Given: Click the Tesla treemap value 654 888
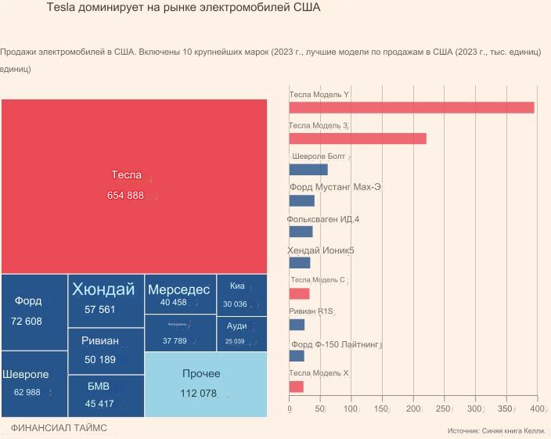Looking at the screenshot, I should (x=125, y=196).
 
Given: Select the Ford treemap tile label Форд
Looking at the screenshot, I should (x=28, y=300).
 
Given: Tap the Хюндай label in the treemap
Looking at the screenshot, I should (x=103, y=290).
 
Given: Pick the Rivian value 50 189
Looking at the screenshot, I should (x=100, y=360).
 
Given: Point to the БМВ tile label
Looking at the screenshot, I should (x=99, y=387).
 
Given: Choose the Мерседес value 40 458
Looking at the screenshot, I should (x=173, y=303).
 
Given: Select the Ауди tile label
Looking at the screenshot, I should (x=237, y=326).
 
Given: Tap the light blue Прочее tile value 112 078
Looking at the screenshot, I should (x=198, y=394).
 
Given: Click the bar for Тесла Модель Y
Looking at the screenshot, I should (x=412, y=108).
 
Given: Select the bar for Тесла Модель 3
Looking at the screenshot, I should (x=358, y=139).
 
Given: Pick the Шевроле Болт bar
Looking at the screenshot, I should (x=308, y=170).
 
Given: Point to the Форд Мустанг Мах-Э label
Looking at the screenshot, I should (x=335, y=188).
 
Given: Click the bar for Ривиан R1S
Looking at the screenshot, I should (x=297, y=325).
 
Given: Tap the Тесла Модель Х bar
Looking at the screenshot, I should (x=296, y=387).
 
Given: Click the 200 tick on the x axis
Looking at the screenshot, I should (x=413, y=408).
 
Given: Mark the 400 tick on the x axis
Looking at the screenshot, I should (x=538, y=408).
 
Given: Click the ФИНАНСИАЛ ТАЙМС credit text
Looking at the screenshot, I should (x=59, y=428).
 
